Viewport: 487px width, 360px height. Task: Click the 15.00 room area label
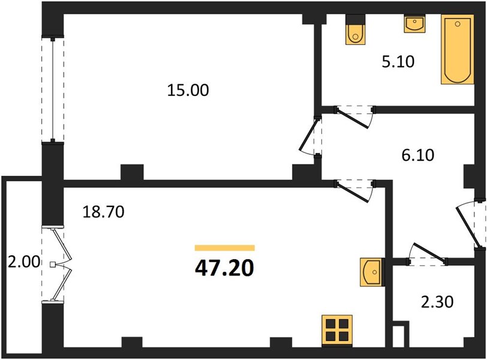coord(188,91)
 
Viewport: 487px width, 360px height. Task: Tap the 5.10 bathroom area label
coord(398,62)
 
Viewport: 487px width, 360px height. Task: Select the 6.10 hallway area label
coord(418,155)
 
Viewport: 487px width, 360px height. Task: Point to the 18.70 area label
coord(103,212)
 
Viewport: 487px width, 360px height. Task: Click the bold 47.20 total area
coord(224,268)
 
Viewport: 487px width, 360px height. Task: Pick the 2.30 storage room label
coord(437,302)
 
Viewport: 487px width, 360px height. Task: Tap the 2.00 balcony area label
coord(24,262)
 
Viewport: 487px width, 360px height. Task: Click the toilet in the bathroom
coord(356,30)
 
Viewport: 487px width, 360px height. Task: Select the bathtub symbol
coord(458,49)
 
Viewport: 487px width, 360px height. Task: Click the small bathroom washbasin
coord(414,25)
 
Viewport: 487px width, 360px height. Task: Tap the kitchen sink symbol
coord(371,272)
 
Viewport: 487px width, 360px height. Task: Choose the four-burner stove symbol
coord(337,330)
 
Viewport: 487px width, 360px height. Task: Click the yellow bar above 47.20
coord(224,248)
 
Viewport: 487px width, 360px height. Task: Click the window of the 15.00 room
coord(53,90)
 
